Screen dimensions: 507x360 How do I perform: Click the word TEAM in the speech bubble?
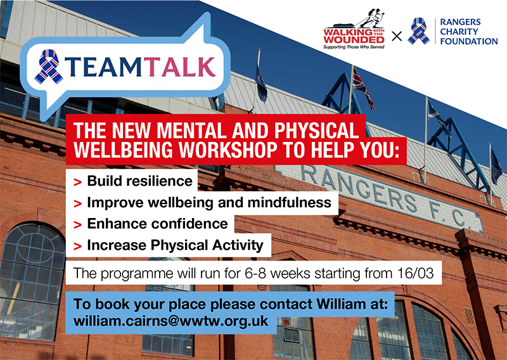click(x=105, y=67)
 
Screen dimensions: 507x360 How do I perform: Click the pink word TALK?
click(x=179, y=67)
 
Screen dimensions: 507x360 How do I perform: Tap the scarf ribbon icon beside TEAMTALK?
click(x=49, y=67)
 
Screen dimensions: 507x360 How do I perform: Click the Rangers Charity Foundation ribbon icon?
click(x=419, y=31)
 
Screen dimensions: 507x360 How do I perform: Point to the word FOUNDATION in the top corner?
click(x=469, y=41)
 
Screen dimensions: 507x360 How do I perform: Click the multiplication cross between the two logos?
click(x=397, y=36)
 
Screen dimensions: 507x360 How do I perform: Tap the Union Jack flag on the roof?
click(x=363, y=87)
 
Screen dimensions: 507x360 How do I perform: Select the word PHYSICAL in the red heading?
click(x=316, y=131)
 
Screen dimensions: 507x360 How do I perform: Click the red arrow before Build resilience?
click(x=77, y=182)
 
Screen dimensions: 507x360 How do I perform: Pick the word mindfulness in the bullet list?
click(x=290, y=202)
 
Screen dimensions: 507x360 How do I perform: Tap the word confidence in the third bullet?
click(x=189, y=224)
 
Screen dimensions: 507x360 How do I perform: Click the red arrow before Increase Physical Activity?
click(x=77, y=247)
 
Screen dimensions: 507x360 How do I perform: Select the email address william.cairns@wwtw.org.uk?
click(x=170, y=321)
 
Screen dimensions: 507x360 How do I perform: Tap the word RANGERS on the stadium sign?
click(x=358, y=186)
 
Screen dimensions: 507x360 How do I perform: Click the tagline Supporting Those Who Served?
click(x=354, y=48)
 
